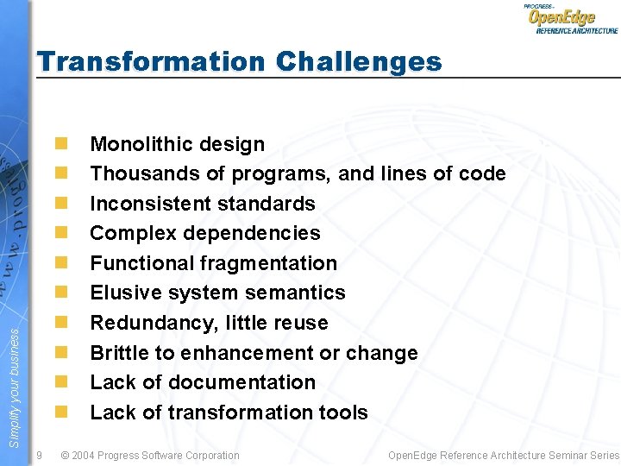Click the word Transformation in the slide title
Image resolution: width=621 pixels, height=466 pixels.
(x=152, y=62)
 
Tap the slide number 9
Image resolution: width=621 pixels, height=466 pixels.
(x=40, y=455)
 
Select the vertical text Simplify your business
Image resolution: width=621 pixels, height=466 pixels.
(x=13, y=379)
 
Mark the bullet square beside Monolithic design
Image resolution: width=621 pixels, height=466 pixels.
(x=61, y=144)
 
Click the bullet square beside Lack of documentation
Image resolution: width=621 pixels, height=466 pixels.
(x=61, y=382)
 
